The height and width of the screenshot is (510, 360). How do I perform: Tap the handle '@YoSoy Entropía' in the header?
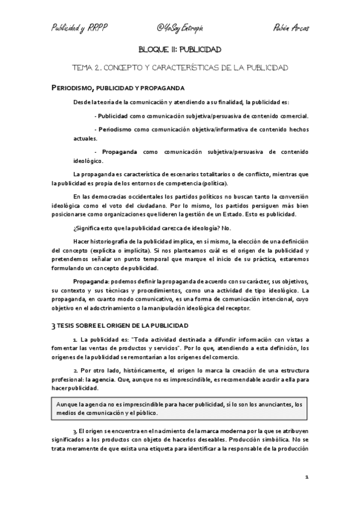tap(180, 28)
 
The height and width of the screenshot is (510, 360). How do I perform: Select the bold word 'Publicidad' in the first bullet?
tap(116, 116)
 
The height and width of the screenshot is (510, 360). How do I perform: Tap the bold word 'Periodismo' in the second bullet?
tap(117, 129)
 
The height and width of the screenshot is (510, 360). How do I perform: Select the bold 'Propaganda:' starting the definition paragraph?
tap(90, 282)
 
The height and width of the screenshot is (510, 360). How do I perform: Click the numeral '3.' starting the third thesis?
tap(75, 432)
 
